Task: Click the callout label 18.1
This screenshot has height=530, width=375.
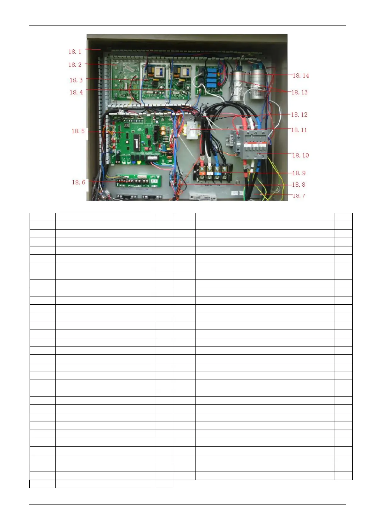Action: (x=75, y=52)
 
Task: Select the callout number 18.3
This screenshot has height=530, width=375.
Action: (x=76, y=80)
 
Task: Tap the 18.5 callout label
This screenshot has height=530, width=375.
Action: (x=78, y=131)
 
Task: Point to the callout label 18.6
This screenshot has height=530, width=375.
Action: (x=78, y=183)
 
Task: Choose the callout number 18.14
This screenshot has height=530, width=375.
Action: (x=301, y=76)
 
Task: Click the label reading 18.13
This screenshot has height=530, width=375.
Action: (x=299, y=93)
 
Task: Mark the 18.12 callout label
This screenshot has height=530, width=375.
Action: (x=299, y=115)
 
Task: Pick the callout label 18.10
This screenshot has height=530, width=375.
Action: (x=300, y=155)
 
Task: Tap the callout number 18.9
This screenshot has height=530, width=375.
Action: (x=299, y=173)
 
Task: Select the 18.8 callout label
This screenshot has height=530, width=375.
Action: (x=299, y=185)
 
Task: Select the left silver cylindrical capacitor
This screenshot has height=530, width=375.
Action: (x=240, y=86)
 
